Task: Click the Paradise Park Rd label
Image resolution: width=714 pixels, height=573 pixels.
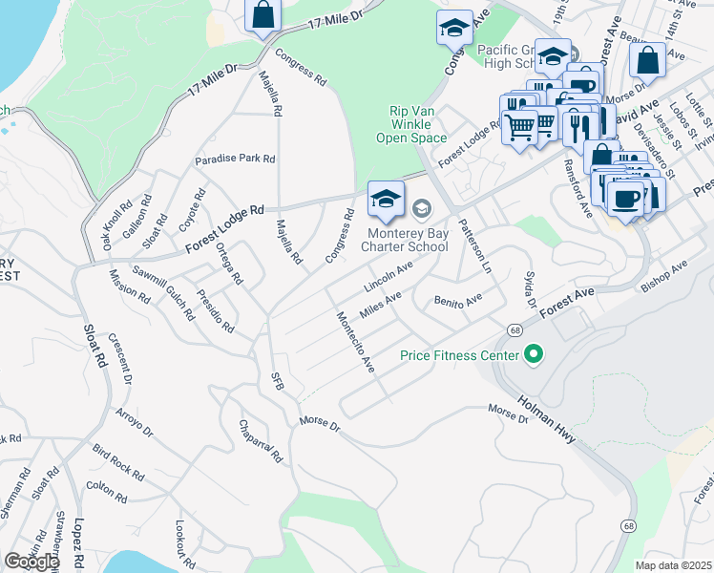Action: tap(235, 159)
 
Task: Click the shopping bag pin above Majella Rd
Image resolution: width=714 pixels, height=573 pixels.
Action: tap(262, 15)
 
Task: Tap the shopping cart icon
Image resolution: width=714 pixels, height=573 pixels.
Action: tap(519, 124)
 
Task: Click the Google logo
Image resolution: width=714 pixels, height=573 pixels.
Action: tap(31, 562)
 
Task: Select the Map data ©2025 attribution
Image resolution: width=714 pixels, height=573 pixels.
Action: tap(674, 565)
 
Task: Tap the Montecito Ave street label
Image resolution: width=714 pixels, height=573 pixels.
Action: tap(354, 342)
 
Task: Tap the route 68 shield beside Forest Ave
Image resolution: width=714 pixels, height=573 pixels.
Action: tap(514, 329)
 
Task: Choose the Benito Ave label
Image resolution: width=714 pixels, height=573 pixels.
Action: tap(459, 302)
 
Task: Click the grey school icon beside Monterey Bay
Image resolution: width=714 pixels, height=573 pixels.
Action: tap(421, 207)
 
